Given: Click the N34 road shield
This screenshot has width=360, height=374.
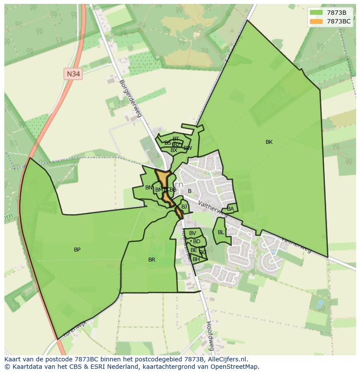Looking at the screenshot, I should [73, 74].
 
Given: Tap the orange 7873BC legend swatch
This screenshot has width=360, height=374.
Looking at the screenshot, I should [316, 21].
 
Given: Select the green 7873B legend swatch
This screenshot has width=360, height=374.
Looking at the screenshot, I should [316, 13].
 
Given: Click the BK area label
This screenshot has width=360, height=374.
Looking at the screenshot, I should [269, 142].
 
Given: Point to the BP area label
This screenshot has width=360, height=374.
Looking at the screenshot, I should [77, 250].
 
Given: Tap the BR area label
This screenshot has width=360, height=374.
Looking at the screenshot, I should [152, 260].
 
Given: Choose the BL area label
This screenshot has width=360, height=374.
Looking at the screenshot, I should [221, 232].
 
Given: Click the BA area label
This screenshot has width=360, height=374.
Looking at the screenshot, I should [230, 209].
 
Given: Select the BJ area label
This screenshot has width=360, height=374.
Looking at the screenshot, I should [184, 207].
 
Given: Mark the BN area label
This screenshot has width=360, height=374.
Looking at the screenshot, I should [149, 188].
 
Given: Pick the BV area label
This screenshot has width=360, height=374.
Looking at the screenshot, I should [193, 233].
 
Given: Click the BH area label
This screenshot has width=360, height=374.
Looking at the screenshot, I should [196, 259].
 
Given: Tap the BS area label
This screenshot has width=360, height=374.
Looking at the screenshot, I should [167, 143].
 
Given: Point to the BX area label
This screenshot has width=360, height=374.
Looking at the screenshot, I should [174, 150].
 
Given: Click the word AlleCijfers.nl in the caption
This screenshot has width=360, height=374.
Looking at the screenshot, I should [226, 359].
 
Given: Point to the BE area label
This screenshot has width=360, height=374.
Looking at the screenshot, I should [193, 251].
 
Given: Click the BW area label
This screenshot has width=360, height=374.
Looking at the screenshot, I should [188, 148].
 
